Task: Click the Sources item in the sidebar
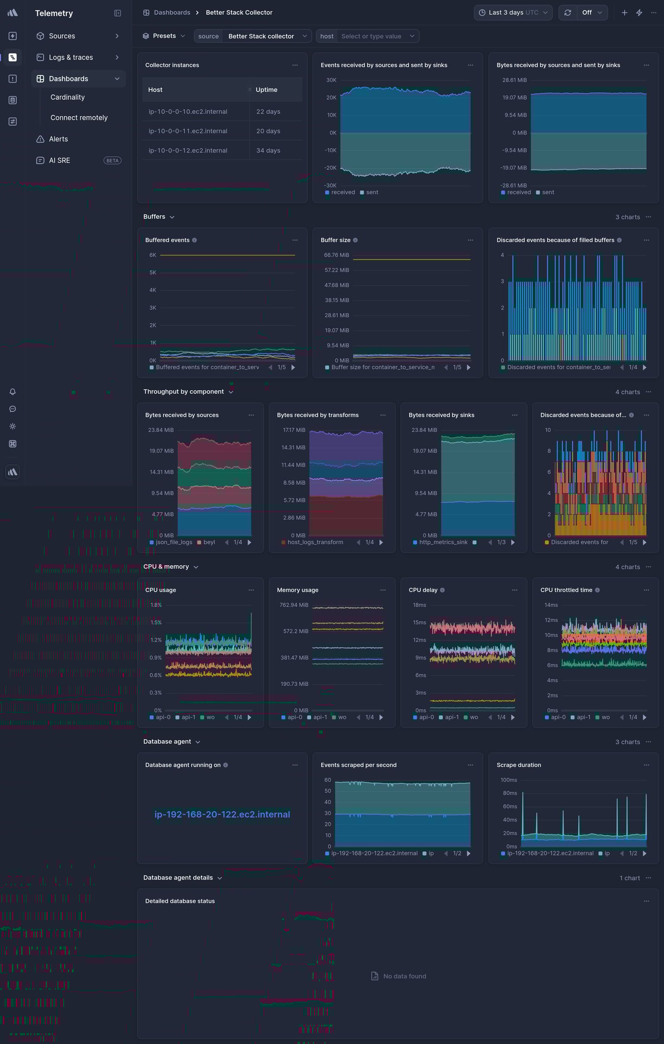pos(62,36)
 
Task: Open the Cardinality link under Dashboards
pos(67,97)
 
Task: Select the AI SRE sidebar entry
pos(59,161)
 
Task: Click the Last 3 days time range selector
pos(513,12)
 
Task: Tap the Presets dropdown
pos(164,36)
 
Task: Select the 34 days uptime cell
pos(268,150)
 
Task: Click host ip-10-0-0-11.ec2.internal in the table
pos(188,131)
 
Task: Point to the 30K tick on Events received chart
pos(331,80)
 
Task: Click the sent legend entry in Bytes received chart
pos(548,192)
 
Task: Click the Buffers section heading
pos(154,217)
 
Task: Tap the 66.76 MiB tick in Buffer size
pos(336,255)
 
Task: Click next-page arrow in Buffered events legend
pos(293,367)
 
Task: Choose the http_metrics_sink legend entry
pos(443,542)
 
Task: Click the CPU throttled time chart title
pos(566,590)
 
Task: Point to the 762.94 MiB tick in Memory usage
pos(293,605)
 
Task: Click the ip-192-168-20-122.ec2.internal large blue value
pos(222,814)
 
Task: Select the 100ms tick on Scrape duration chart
pos(508,780)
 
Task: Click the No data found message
pos(405,976)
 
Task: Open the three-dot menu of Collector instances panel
pos(295,65)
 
